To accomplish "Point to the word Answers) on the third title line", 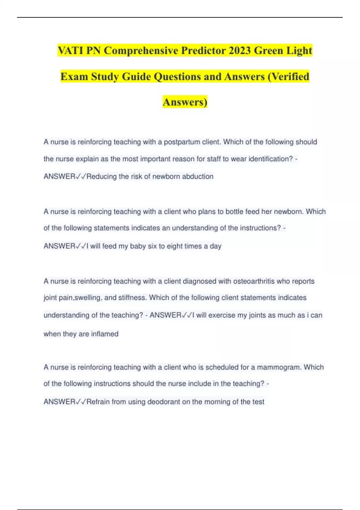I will click(185, 102).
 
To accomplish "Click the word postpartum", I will click(182, 142).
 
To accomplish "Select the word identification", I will click(270, 159).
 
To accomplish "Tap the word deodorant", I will click(163, 402).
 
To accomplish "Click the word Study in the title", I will click(105, 76).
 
